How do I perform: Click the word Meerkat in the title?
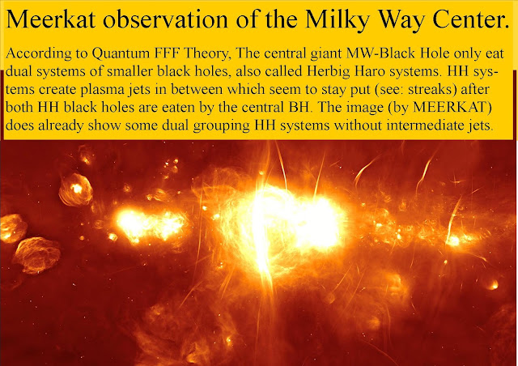[x=51, y=19]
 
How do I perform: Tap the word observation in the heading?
[x=165, y=19]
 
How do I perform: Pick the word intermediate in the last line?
[x=427, y=126]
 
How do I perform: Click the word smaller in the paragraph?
[x=129, y=71]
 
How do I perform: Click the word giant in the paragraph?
[x=325, y=54]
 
